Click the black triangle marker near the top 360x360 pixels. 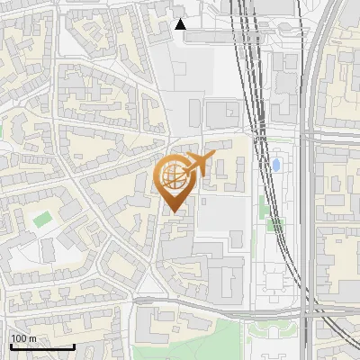pyautogui.click(x=181, y=24)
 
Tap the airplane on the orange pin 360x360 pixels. pyautogui.click(x=195, y=166)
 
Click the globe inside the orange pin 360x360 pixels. pyautogui.click(x=174, y=176)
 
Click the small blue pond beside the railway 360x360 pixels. pyautogui.click(x=277, y=166)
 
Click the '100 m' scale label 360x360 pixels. pyautogui.click(x=23, y=338)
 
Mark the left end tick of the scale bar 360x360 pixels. pyautogui.click(x=12, y=345)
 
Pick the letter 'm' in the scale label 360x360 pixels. pyautogui.click(x=32, y=338)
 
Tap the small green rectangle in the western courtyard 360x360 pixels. pyautogui.click(x=42, y=219)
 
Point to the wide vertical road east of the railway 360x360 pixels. pyautogui.click(x=311, y=180)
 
